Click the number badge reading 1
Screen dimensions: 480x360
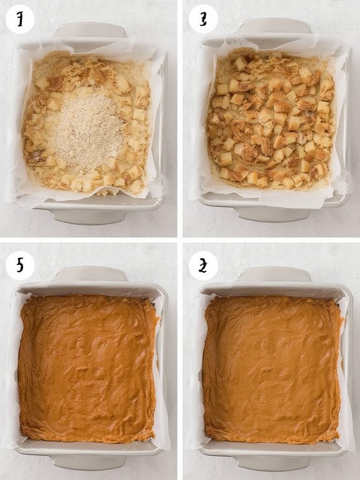tap(20, 19)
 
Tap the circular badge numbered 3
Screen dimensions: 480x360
tap(203, 19)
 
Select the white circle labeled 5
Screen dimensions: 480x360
tap(20, 266)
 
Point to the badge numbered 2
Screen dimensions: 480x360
tap(203, 266)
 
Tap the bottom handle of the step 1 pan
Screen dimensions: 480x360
tap(89, 216)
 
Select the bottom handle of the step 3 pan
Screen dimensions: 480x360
tap(273, 214)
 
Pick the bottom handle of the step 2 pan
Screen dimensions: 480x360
tap(273, 463)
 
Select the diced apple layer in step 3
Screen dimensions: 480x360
tap(272, 122)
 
